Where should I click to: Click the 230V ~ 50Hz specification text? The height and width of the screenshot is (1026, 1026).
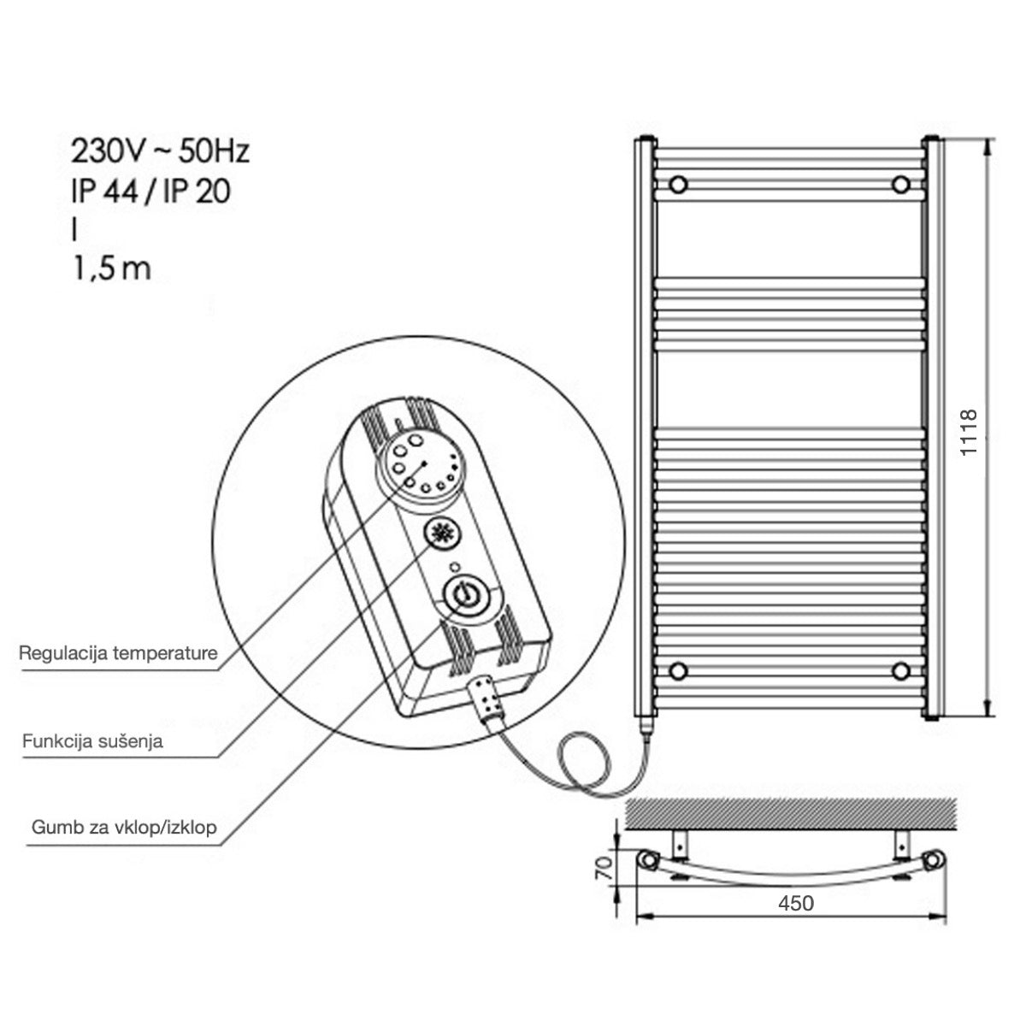tap(160, 152)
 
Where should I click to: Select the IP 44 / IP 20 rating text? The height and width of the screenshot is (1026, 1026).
tap(150, 192)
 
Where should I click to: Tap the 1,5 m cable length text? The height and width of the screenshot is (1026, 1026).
tap(111, 268)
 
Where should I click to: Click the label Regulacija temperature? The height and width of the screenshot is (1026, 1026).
tap(118, 654)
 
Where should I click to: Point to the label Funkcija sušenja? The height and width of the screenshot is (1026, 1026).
tap(92, 740)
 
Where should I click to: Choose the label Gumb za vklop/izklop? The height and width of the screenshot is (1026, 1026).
tap(124, 827)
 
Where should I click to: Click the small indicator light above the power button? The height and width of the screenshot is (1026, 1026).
tap(454, 566)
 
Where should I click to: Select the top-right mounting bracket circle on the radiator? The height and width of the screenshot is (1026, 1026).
tap(900, 184)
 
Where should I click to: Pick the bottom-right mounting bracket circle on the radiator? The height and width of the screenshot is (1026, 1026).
tap(900, 669)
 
